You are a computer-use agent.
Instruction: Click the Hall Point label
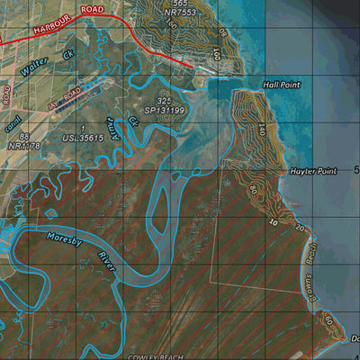[281, 84]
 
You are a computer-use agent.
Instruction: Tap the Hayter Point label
[312, 170]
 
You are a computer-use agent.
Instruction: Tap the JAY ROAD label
[65, 94]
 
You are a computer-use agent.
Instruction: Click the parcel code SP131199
[164, 111]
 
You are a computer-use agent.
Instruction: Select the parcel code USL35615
[83, 139]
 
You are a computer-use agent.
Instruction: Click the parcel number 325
[163, 101]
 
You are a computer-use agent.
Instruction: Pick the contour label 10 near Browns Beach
[273, 220]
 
